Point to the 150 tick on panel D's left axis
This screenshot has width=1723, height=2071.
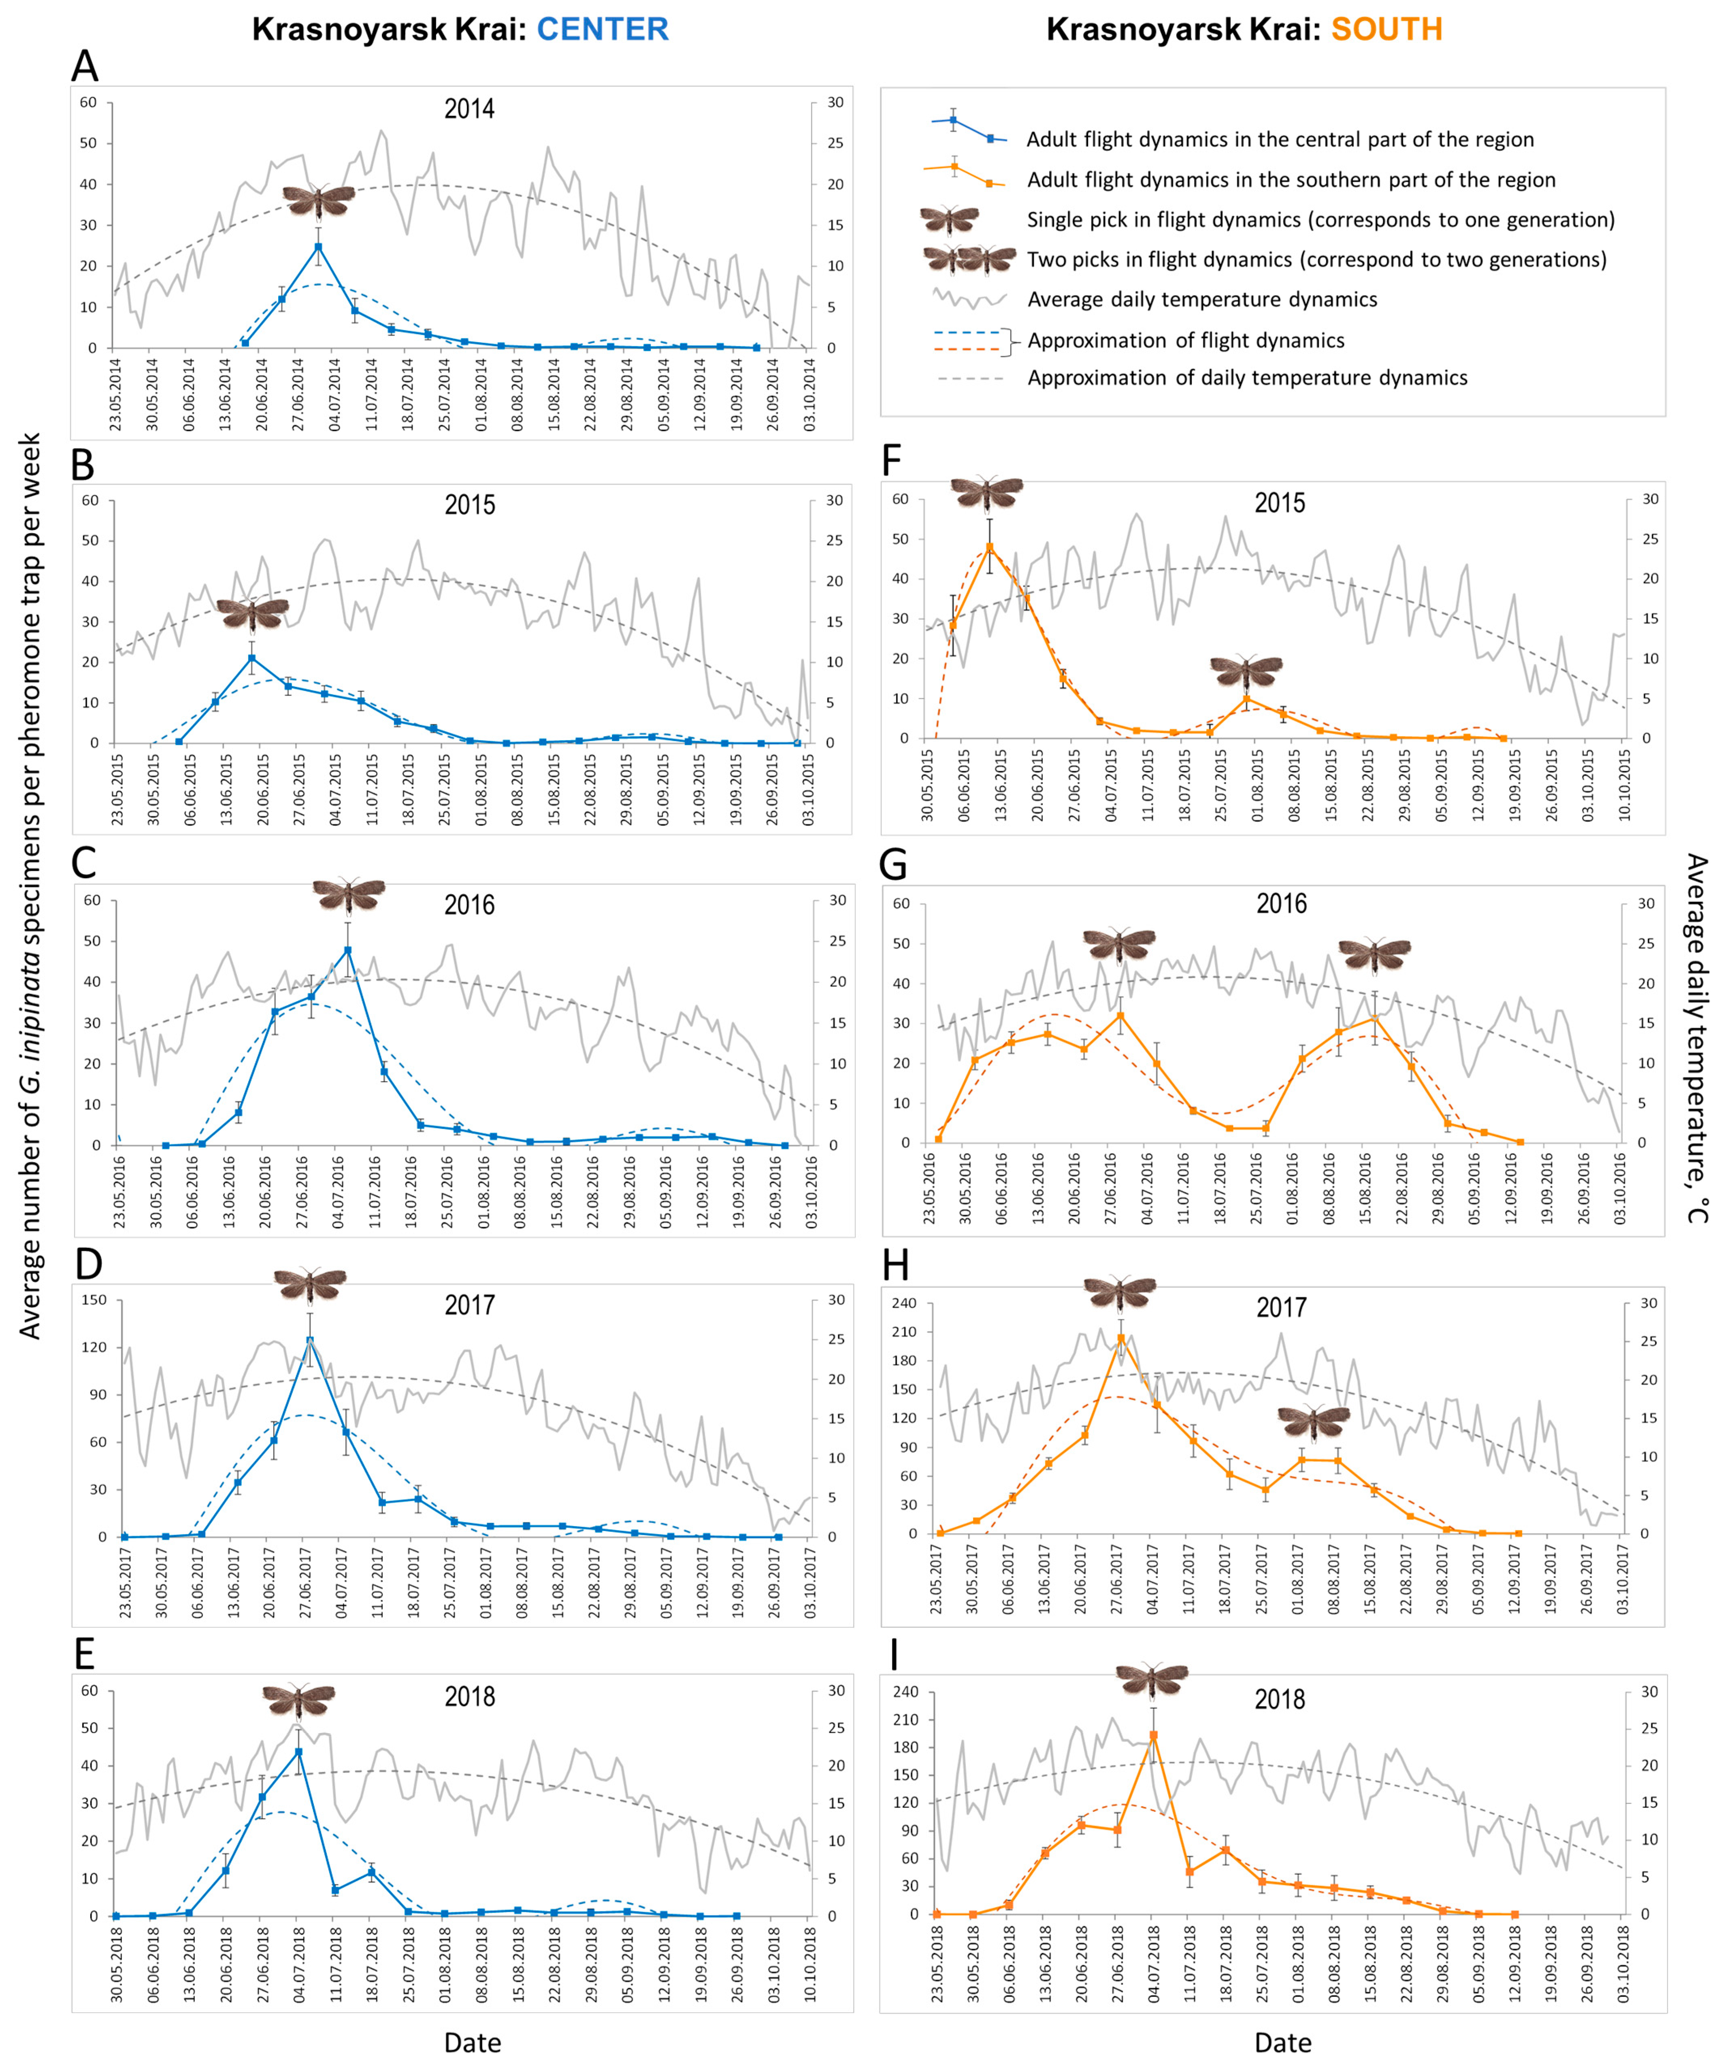click(x=95, y=1300)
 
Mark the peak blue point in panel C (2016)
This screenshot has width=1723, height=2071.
click(x=347, y=951)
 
